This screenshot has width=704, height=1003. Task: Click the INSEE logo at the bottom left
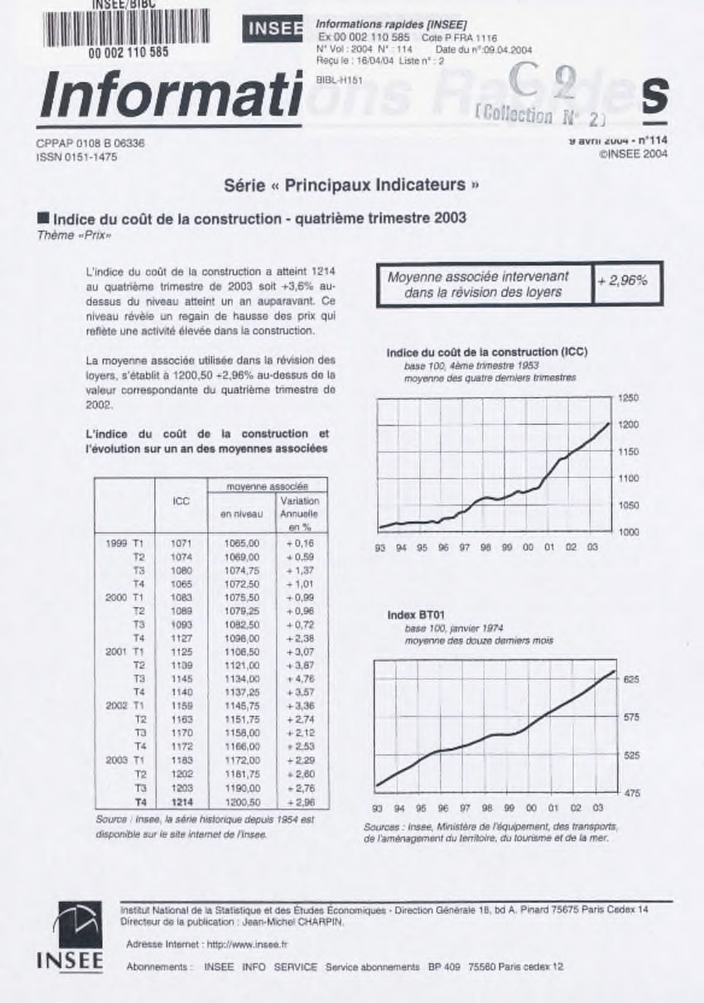[69, 936]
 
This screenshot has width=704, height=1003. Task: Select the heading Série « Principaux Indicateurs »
[351, 185]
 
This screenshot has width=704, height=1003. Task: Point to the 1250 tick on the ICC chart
[628, 398]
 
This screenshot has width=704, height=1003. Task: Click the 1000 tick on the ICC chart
[628, 532]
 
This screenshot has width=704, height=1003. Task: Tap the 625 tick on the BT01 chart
[631, 679]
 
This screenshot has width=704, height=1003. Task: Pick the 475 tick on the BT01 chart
[631, 793]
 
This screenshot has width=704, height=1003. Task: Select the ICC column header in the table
[181, 501]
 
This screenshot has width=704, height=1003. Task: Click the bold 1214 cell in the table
[181, 802]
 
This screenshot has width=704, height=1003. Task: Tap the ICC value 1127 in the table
[181, 638]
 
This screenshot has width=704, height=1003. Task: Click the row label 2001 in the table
[116, 651]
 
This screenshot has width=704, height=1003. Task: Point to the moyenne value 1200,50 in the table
[242, 802]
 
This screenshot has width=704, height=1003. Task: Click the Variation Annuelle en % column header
[299, 514]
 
